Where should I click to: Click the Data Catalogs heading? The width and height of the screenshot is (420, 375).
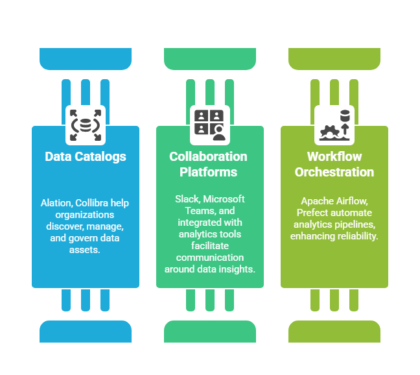coord(86,156)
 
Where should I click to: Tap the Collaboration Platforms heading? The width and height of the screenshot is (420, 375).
coord(209,164)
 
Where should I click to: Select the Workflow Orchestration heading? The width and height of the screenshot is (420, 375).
coord(334,164)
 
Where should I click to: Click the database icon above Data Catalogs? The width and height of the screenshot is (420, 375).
coord(86,125)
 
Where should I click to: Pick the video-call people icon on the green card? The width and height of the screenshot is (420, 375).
coord(209,125)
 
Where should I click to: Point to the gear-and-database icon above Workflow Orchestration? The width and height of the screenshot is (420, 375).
coord(334,125)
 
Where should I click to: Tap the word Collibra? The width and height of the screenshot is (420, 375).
coord(94,203)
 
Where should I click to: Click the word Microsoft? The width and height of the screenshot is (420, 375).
coord(224,199)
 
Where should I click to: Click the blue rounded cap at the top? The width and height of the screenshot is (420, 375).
coord(86,59)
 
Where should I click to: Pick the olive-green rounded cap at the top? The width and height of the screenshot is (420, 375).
coord(334,59)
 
